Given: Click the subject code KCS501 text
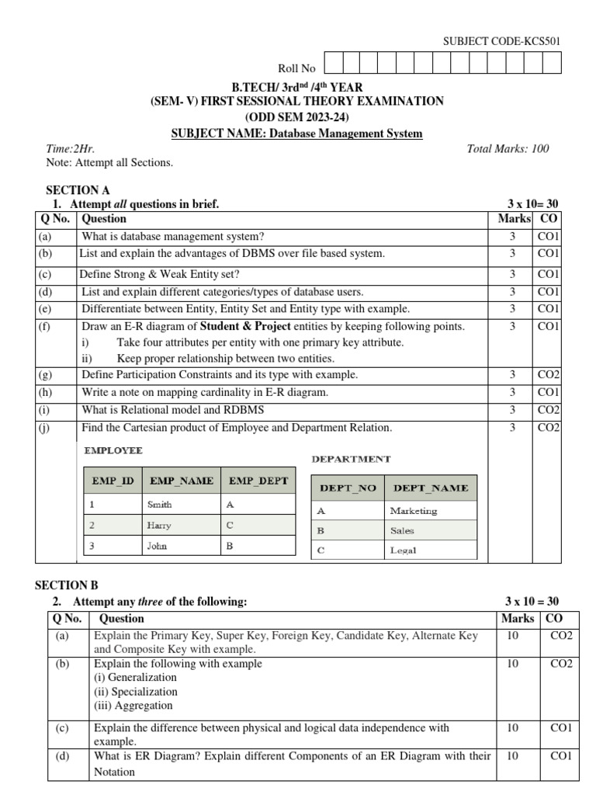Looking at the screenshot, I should click(x=501, y=41).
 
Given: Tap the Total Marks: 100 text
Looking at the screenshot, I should click(x=508, y=148).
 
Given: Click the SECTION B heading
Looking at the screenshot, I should click(x=68, y=585).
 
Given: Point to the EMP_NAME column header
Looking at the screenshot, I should click(x=181, y=481).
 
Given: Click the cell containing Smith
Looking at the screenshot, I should click(x=160, y=504).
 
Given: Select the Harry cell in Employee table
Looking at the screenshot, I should click(x=159, y=525).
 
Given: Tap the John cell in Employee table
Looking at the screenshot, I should click(x=157, y=546).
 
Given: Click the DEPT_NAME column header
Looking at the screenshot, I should click(x=431, y=488).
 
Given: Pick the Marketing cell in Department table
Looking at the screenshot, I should click(x=414, y=511).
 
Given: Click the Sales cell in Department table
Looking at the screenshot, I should click(x=402, y=531).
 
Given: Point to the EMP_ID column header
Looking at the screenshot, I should click(x=113, y=481).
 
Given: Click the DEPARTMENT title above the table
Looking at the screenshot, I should click(x=351, y=459).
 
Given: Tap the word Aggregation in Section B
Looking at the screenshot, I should click(x=133, y=706).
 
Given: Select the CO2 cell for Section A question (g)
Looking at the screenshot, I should click(x=549, y=374).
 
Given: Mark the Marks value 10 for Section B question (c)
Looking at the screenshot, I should click(x=512, y=728).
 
